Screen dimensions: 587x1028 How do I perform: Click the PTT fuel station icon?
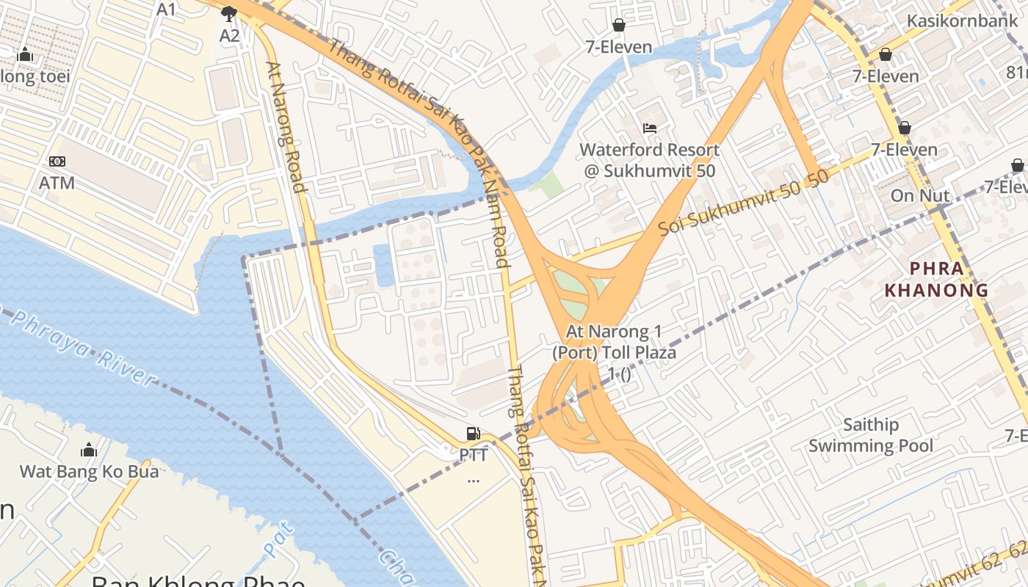pos(474,434)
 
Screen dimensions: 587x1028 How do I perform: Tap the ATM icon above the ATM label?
pos(57,161)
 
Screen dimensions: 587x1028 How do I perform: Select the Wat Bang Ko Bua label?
pos(89,471)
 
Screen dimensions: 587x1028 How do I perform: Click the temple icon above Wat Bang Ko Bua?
pos(89,449)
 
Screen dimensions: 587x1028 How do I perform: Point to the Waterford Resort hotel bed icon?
pos(650,128)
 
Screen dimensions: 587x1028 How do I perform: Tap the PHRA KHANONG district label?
pos(936,280)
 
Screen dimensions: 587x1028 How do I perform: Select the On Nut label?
pos(920,196)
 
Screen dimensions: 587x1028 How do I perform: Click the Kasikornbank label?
pos(962,21)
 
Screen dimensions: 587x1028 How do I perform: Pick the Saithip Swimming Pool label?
pos(871,435)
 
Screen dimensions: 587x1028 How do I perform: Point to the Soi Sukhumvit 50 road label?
pos(743,203)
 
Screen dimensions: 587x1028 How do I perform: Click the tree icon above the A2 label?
pos(229,13)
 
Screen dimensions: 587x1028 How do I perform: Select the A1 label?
pos(167,10)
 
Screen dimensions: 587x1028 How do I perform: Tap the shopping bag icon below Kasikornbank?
pos(886,54)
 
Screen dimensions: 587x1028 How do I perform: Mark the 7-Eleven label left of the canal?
pos(618,47)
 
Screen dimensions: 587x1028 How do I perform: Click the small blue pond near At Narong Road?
pos(383,266)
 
